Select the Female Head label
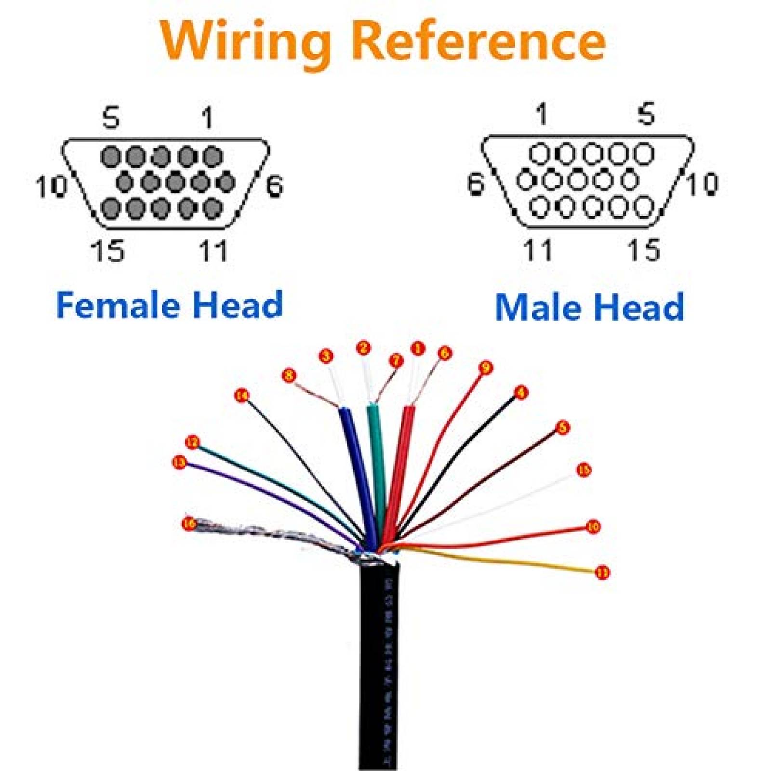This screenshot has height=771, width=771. pos(169,305)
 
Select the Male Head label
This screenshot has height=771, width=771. pos(589,307)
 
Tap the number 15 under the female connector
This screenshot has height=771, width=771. pos(108,251)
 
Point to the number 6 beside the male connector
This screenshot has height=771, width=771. pos(476,184)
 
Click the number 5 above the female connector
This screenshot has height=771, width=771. pos(111,118)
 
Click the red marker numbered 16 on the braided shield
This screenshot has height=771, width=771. pos(189,523)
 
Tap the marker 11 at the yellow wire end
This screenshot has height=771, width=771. pos(602,572)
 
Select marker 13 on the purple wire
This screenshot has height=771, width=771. pos(179,463)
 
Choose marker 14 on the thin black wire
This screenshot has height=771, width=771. pos(241,396)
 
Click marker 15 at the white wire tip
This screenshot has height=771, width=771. pos(584,469)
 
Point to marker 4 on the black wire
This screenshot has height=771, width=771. pos(521,393)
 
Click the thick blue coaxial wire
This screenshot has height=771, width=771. pos(354,463)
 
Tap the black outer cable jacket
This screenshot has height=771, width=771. pos(379,675)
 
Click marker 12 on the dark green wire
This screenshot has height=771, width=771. pos(192,442)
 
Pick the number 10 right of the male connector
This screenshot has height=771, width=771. pos(702,184)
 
